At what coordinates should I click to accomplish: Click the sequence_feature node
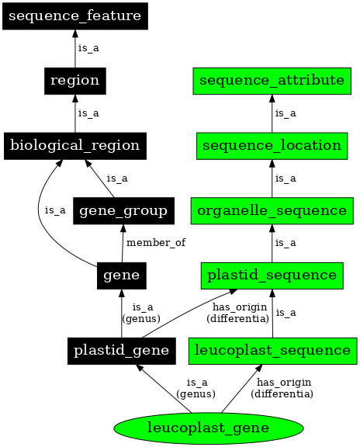[x=74, y=16]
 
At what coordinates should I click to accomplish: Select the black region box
[x=74, y=80]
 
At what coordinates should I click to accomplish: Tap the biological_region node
[x=74, y=145]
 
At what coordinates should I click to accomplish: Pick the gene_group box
[x=123, y=210]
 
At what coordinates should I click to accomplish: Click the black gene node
[x=120, y=275]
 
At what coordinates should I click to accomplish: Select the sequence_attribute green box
[x=272, y=80]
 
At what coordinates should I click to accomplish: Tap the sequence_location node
[x=272, y=145]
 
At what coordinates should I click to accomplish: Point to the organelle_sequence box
[x=272, y=210]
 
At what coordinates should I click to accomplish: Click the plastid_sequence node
[x=272, y=275]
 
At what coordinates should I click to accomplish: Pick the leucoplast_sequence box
[x=272, y=350]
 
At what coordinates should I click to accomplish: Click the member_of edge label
[x=156, y=243]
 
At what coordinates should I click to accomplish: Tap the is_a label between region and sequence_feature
[x=88, y=48]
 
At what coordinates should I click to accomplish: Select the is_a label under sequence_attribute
[x=286, y=113]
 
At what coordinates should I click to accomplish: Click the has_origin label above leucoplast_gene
[x=281, y=388]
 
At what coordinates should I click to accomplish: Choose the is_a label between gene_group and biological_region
[x=117, y=178]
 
